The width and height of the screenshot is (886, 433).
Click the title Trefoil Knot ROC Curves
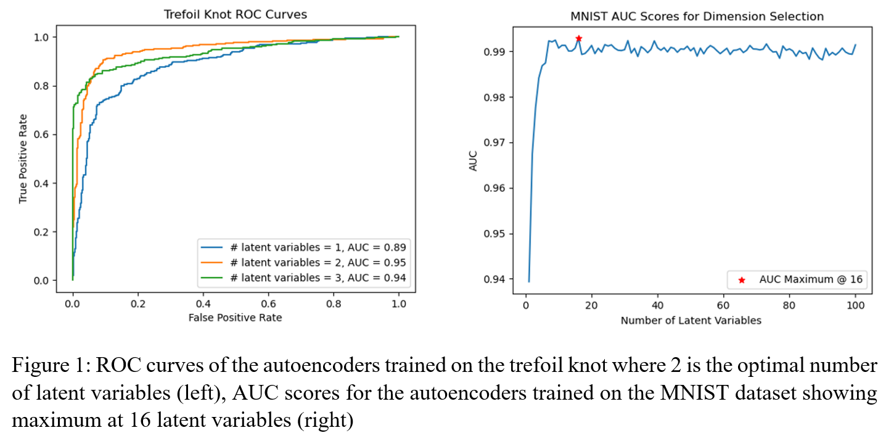click(236, 14)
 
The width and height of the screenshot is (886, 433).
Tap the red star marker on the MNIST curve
click(578, 38)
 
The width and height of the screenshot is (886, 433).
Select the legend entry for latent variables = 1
click(303, 247)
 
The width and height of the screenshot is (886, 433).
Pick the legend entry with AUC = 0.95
click(303, 262)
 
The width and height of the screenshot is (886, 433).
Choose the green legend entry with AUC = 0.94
click(303, 278)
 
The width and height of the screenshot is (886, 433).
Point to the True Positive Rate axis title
click(23, 159)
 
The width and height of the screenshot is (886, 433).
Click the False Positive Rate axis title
click(236, 318)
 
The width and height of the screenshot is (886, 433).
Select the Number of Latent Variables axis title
click(691, 320)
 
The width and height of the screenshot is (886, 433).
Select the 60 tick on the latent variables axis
click(723, 305)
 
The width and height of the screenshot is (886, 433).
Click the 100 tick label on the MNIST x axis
click(855, 305)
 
